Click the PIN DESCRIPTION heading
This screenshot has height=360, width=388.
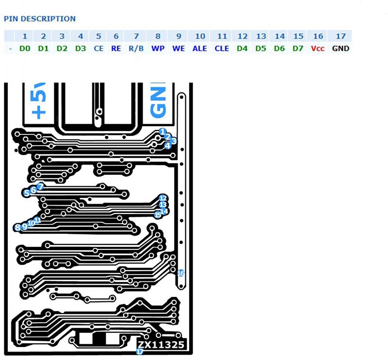click(40, 19)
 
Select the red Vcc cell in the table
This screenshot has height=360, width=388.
click(318, 49)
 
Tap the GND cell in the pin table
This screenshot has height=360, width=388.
click(340, 49)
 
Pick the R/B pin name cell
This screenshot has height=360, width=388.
click(136, 49)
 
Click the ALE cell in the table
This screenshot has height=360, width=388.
click(199, 49)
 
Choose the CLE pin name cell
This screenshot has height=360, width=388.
click(222, 49)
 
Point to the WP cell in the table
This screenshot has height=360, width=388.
click(158, 49)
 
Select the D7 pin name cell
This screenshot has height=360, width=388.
click(298, 49)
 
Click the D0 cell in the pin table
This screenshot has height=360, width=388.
click(25, 49)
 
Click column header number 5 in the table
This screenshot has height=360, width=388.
click(98, 36)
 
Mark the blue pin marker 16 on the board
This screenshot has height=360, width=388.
click(181, 273)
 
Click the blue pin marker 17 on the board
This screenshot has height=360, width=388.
click(140, 352)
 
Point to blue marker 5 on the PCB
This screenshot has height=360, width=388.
click(26, 193)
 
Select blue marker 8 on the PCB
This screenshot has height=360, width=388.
click(17, 227)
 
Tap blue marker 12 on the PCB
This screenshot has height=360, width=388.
click(162, 198)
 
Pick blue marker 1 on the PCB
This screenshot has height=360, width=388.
click(162, 132)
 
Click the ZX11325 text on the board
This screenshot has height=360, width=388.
click(160, 345)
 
